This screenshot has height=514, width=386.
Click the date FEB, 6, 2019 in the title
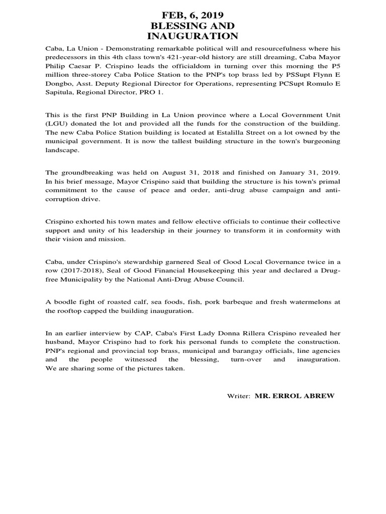point(192,15)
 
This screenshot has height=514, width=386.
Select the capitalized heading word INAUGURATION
point(192,36)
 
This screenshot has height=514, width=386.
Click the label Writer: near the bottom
point(239,397)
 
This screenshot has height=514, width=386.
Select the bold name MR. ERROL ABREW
point(294,396)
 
